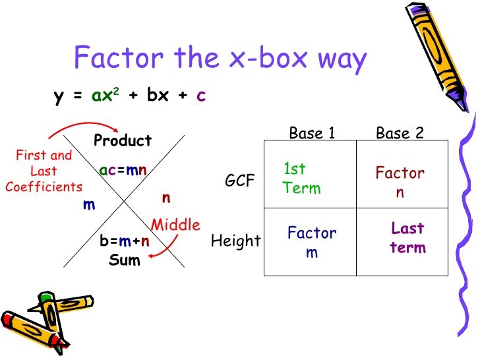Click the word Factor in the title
coord(119,57)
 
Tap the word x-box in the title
coord(268,57)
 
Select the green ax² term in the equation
coord(105,94)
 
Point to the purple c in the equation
coord(201,96)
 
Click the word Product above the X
coord(123,140)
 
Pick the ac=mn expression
coord(123,170)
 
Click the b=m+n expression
coord(125,241)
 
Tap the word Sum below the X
coord(125,260)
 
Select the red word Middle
coord(175,225)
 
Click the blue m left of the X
coord(89,205)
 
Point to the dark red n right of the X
coord(166,198)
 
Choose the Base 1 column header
coord(312,133)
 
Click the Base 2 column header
coord(400,133)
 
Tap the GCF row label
coord(240,180)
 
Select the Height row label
coord(236,241)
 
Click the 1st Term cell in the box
coord(302,179)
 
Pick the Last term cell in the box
coord(407,238)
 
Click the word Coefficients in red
coord(44,187)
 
